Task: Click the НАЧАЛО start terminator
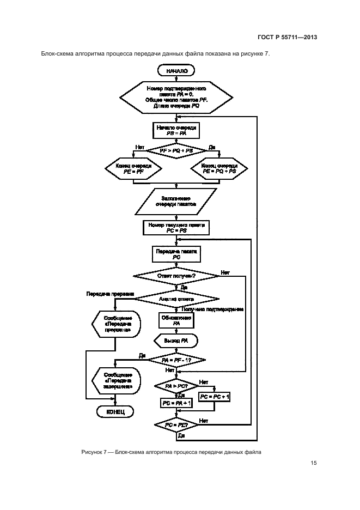pyautogui.click(x=176, y=70)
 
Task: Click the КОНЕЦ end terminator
pyautogui.click(x=115, y=412)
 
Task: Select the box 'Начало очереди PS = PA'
pyautogui.click(x=176, y=130)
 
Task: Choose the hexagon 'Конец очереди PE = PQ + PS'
pyautogui.click(x=218, y=168)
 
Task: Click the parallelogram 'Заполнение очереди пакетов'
pyautogui.click(x=175, y=201)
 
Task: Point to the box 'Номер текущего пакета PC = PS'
pyautogui.click(x=176, y=228)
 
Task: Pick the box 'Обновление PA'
pyautogui.click(x=176, y=320)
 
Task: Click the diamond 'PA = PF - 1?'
pyautogui.click(x=176, y=360)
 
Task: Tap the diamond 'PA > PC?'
pyautogui.click(x=176, y=386)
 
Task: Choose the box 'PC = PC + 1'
pyautogui.click(x=215, y=397)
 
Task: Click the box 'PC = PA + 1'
pyautogui.click(x=176, y=403)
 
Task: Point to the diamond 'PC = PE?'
pyautogui.click(x=176, y=424)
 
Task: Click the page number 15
pyautogui.click(x=314, y=463)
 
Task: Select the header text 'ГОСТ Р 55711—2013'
pyautogui.click(x=287, y=38)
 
